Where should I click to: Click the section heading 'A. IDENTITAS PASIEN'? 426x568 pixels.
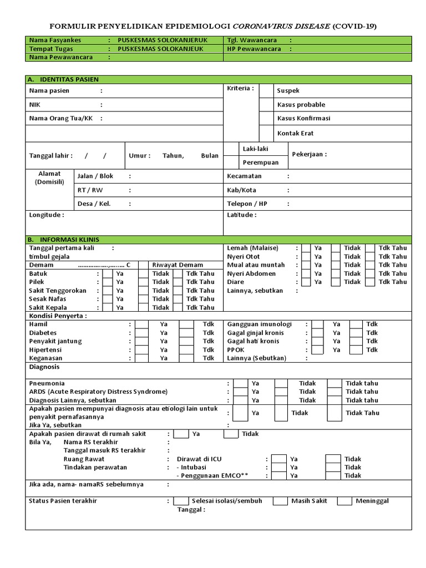(63, 79)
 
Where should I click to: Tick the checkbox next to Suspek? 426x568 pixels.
(267, 90)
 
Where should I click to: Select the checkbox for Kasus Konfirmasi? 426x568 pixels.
(267, 118)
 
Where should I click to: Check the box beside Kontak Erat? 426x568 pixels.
(267, 133)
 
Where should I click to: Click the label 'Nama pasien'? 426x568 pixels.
(49, 90)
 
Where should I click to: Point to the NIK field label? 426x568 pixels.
(34, 104)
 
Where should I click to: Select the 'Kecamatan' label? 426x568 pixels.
(244, 176)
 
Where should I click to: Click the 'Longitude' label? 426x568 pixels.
(46, 215)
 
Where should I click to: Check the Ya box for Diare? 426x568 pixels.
(306, 282)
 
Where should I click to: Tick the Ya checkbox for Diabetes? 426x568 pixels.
(141, 333)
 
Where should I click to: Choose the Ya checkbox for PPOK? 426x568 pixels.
(317, 350)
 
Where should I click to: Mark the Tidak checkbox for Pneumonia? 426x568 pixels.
(281, 383)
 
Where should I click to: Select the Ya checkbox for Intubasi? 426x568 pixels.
(278, 467)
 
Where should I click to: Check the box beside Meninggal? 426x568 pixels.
(344, 501)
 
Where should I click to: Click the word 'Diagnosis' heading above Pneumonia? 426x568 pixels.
(44, 367)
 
